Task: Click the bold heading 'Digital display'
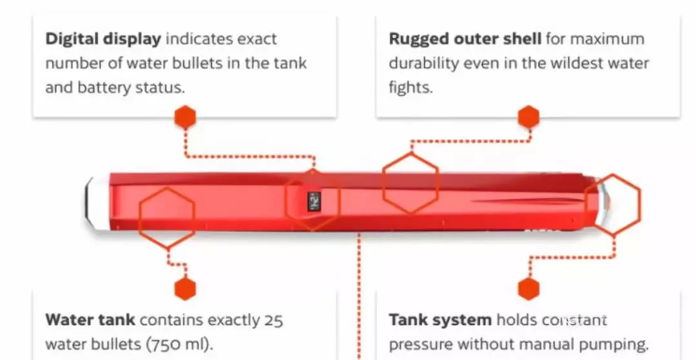pos(102,39)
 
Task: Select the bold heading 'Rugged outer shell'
pos(465,39)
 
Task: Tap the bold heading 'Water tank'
pos(90,319)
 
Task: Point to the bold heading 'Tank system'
pos(440,319)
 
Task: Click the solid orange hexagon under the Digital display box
pos(185,118)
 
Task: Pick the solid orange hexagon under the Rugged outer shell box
pos(528,118)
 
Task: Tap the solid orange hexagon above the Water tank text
pos(185,289)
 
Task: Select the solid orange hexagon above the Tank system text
pos(528,289)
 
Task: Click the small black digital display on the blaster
pos(314,202)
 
